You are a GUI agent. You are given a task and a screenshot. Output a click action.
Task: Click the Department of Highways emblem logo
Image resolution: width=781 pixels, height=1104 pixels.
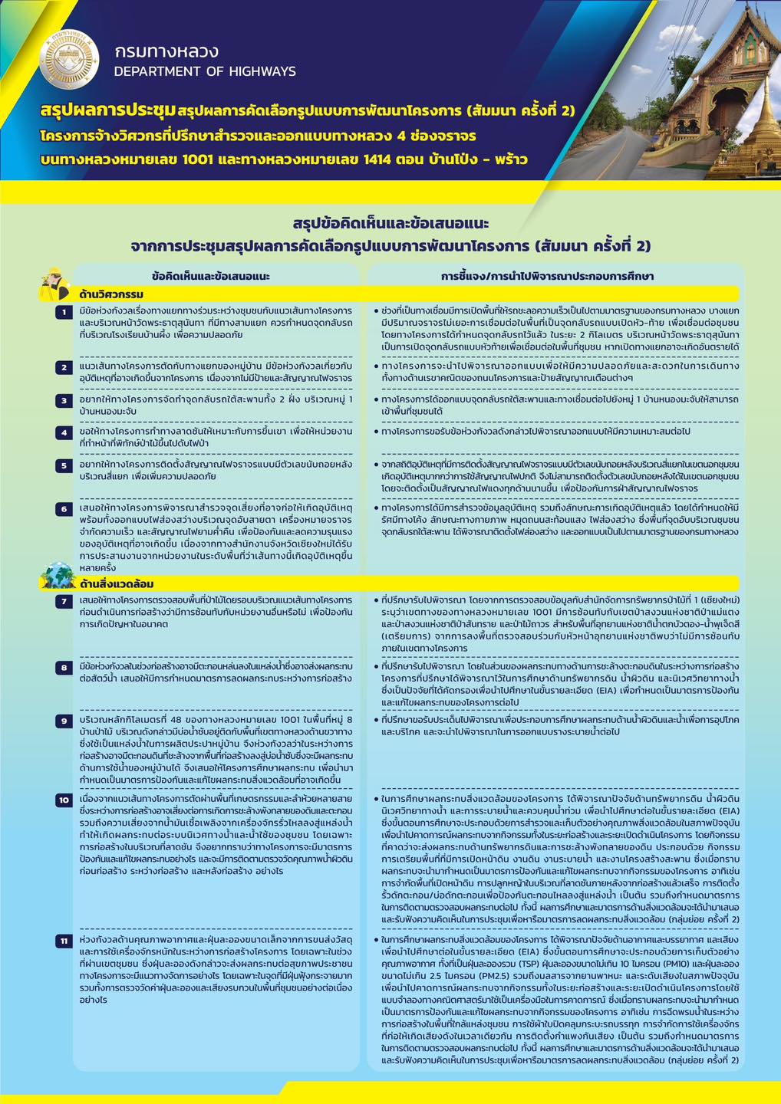(69, 59)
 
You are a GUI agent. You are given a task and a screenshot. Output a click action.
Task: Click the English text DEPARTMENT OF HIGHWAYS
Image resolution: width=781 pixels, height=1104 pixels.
(205, 71)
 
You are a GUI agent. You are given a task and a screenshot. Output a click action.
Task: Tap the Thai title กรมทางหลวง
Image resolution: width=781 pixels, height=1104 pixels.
(166, 51)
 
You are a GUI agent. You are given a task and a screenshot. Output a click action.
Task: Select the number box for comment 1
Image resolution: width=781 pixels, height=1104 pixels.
(64, 312)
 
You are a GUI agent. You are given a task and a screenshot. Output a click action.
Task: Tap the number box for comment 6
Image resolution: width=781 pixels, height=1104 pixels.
(64, 509)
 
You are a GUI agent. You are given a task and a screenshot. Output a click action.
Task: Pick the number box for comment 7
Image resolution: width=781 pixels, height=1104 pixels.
(64, 601)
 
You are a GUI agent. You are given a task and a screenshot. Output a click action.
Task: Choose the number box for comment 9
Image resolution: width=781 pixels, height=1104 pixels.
(64, 721)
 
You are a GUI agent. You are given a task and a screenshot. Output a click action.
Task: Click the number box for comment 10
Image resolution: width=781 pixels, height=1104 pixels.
(64, 800)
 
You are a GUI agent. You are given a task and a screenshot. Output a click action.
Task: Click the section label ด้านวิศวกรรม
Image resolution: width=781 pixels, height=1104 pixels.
(111, 294)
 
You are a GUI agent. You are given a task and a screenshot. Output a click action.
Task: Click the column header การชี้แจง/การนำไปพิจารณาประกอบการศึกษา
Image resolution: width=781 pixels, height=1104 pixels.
(547, 276)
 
